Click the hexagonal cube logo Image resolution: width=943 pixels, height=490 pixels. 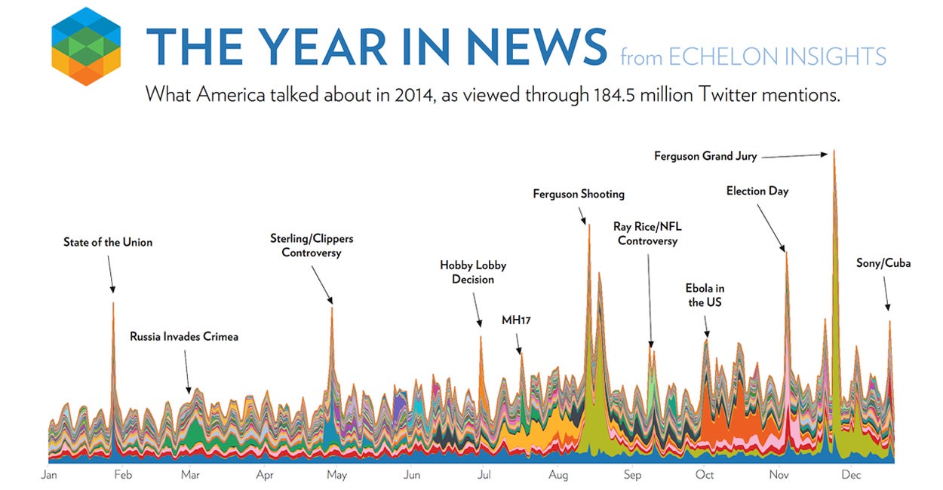coord(86,46)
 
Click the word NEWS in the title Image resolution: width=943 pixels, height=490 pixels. coord(536,46)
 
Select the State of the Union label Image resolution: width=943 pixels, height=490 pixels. coord(108,242)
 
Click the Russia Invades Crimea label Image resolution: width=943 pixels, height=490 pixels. coord(184,336)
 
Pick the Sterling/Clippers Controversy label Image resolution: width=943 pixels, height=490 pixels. coord(312,246)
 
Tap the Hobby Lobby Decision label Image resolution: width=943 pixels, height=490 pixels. coord(473,272)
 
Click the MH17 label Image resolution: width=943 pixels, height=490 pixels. coord(517,320)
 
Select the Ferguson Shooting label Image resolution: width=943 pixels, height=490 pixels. coord(579,194)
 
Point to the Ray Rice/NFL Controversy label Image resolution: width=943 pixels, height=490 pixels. coord(647,234)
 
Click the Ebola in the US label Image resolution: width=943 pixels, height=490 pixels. coord(705,296)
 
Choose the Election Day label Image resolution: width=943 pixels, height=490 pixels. coord(757,191)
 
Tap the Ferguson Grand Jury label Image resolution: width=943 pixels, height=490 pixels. coord(705,157)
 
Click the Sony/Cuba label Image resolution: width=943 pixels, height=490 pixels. coord(883,263)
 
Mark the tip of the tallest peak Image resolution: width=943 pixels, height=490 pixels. coord(834,151)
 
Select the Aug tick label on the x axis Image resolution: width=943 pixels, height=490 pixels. coord(558,475)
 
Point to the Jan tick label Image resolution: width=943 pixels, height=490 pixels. coord(49,475)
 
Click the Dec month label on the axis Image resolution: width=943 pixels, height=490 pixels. coord(851,475)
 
